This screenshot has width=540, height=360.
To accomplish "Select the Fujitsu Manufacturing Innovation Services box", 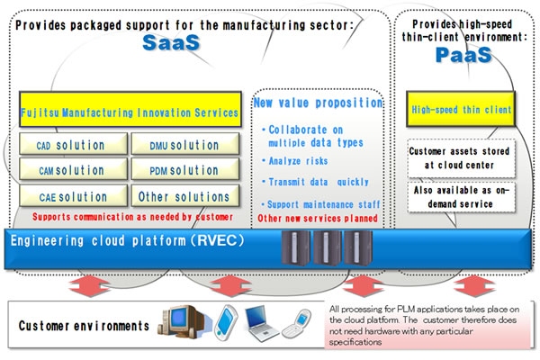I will pos(128,112).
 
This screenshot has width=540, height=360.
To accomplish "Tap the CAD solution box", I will pos(72,145).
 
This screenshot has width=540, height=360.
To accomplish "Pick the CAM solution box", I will pos(72,170).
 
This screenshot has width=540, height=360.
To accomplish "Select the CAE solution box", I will pos(72,196).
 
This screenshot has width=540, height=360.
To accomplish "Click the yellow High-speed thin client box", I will pos(462,110).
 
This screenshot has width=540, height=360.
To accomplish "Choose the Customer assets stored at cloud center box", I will pos(460,158).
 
